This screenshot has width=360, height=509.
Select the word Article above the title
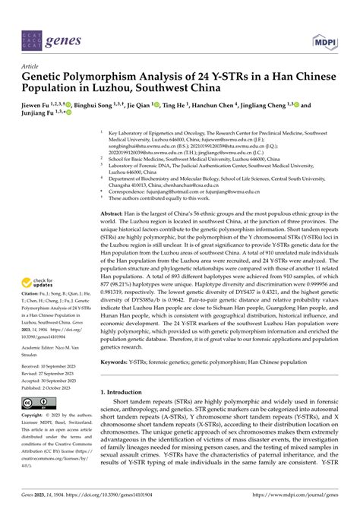(33, 66)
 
